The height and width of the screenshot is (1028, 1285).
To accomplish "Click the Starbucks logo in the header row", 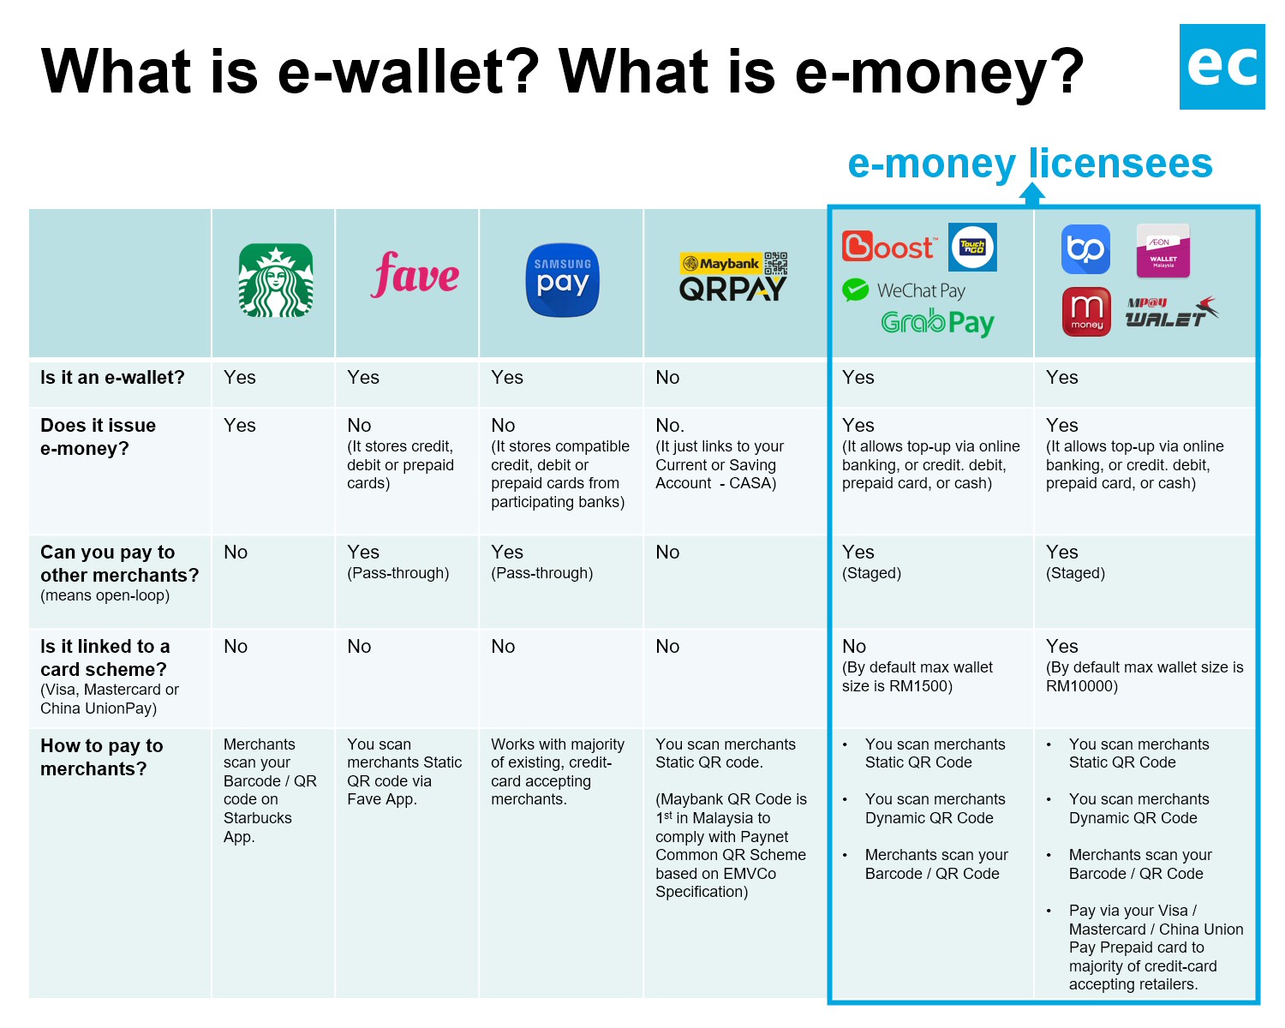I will coord(275,280).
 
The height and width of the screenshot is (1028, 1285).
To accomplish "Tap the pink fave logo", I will coord(415,275).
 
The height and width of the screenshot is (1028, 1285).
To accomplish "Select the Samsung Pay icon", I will coord(562,280).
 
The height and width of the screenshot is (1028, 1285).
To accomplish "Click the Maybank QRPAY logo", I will coord(733,277).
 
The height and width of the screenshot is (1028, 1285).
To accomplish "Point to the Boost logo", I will coord(888,247).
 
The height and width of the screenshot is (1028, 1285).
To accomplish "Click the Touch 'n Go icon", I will coord(972,247).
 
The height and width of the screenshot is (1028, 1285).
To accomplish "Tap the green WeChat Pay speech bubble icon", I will coord(855,290).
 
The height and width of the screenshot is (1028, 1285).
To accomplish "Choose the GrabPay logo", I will coord(937,322).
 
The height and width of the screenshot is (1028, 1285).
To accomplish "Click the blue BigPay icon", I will coord(1085,249).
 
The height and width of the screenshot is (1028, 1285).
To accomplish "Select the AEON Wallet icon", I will coord(1162,250).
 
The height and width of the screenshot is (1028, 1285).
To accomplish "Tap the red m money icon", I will coord(1086,311).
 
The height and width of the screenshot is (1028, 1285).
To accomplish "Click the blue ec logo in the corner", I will coord(1222,67).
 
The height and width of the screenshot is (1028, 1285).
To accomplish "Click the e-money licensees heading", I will coord(1030,163).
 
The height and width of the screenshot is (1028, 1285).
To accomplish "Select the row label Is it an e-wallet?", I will coord(112,378).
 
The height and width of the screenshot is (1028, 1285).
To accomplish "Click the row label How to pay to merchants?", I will coord(101,757).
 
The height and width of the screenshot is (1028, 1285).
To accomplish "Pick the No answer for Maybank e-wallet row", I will coord(667,378).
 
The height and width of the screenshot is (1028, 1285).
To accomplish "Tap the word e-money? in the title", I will coord(939,71).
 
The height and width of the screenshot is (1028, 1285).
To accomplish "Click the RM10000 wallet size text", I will coord(1081,686).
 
